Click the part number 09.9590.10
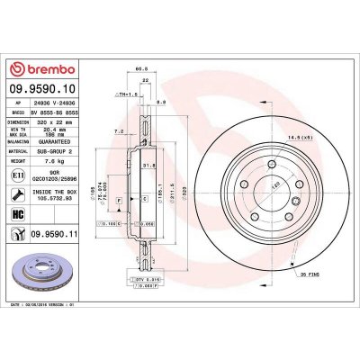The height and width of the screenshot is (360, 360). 45,89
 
